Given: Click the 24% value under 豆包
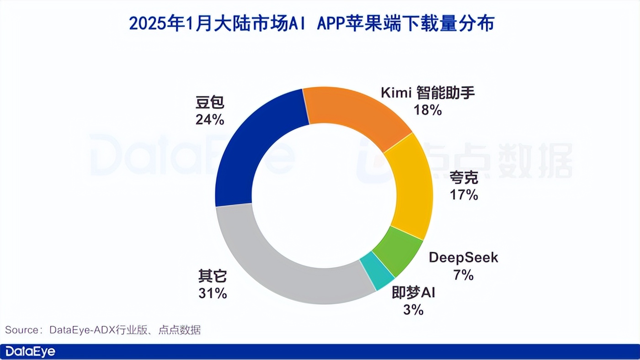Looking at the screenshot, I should tap(210, 120).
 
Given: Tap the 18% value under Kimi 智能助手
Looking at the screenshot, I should tap(428, 110).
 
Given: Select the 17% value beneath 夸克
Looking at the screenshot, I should tap(464, 195).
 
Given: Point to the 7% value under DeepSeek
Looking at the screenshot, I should tap(464, 275).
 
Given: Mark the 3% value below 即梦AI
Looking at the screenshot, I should tap(413, 310).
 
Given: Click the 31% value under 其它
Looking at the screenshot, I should tap(213, 293).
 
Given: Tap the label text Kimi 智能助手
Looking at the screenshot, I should tap(428, 93).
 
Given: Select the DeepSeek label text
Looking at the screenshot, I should tap(464, 258).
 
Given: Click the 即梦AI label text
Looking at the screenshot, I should tap(413, 293).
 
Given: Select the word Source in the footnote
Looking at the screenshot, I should tap(21, 330).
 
